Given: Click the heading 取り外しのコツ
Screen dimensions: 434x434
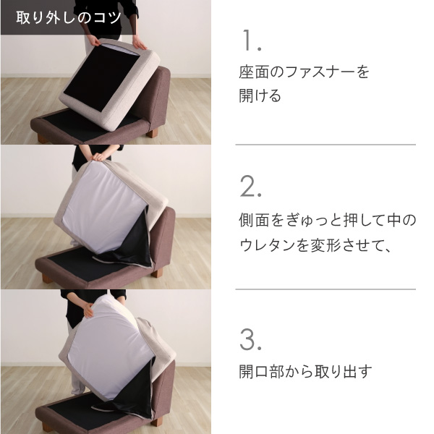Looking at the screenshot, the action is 69,17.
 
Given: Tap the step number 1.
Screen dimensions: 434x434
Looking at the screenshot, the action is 251,41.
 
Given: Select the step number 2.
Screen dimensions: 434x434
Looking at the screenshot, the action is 251,187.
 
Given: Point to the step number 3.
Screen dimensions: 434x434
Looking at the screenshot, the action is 251,339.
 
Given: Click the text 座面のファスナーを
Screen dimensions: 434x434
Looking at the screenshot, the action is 304,72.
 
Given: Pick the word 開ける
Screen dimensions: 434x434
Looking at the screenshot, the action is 260,95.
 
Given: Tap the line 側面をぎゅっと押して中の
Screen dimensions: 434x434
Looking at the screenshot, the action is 328,221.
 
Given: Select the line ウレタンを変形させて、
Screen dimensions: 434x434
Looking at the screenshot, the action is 315,244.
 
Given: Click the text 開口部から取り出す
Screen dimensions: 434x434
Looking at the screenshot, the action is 305,371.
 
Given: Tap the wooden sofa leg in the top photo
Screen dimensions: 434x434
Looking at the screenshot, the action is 152,133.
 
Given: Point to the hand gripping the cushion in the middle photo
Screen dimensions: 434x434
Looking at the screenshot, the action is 101,156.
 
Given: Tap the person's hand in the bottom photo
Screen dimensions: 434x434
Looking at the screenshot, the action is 88,310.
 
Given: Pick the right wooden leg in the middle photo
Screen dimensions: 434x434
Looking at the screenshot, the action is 156,273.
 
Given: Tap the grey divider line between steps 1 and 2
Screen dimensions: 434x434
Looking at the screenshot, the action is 325,144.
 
